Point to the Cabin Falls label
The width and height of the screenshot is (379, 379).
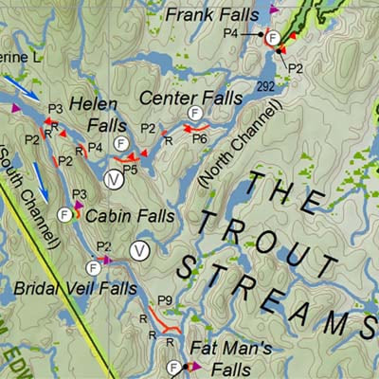point(129,216)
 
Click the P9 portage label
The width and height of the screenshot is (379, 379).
point(164,301)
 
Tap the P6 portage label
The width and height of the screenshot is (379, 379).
point(200,138)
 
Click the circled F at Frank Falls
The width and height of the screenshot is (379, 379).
point(273,37)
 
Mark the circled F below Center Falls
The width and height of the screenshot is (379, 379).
point(195,114)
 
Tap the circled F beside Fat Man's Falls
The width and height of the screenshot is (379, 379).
point(174,368)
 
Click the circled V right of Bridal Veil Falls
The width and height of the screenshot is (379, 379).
point(140,250)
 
